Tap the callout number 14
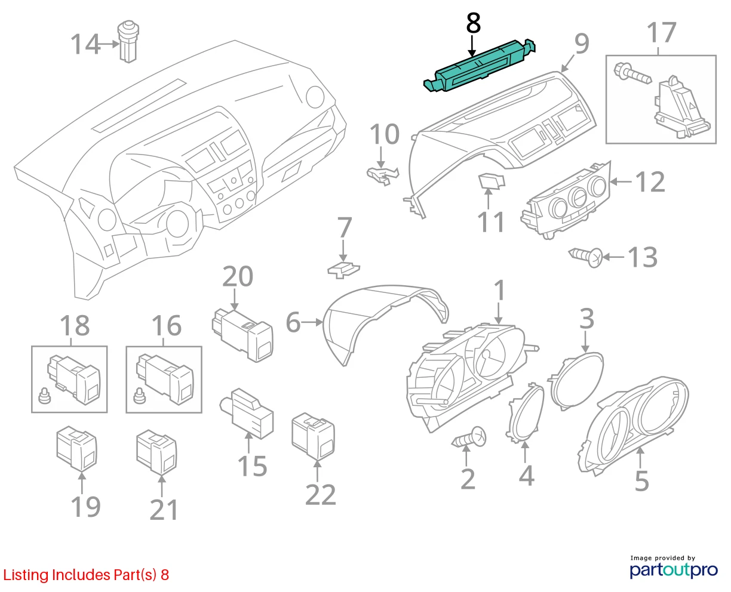pos(85,45)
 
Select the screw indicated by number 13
pos(585,257)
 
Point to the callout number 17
pos(661,33)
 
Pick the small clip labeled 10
pos(383,175)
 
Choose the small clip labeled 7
pos(343,270)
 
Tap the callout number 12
pos(650,182)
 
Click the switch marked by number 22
pos(313,435)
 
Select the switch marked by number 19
pos(76,448)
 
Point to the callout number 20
pos(238,276)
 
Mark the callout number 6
pos(293,323)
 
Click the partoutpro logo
pos(674,570)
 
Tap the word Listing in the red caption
pos(26,575)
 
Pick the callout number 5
pos(642,481)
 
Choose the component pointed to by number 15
pos(247,413)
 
